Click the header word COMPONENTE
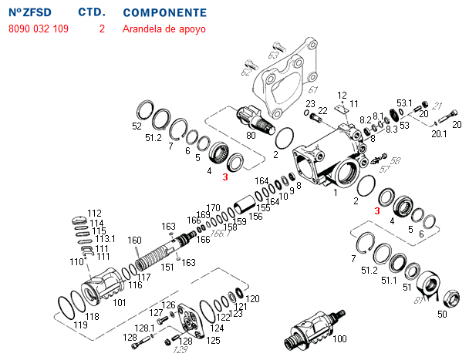[164, 13]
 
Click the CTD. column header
[93, 13]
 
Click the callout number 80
[251, 135]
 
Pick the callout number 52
[137, 126]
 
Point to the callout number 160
[134, 241]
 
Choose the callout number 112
[94, 214]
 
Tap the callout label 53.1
[405, 103]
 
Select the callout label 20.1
[439, 133]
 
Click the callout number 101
[119, 303]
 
